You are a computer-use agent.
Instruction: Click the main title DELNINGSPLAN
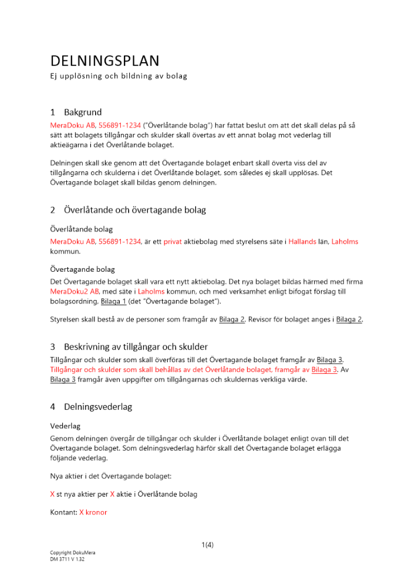tap(104, 61)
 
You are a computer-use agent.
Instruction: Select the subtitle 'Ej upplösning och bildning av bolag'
tap(118, 76)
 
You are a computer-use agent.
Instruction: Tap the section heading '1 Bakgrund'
tap(76, 112)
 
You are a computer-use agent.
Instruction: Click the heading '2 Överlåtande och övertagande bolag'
tap(127, 210)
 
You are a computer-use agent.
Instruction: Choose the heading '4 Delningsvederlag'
tap(90, 407)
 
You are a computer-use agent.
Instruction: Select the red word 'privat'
tap(173, 242)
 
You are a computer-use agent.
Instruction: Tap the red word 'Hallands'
tap(302, 242)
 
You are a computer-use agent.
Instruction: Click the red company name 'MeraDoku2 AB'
tap(75, 292)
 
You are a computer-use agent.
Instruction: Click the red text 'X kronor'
tap(93, 512)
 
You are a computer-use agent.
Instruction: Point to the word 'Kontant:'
tap(63, 512)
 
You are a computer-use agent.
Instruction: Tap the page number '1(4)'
tap(207, 545)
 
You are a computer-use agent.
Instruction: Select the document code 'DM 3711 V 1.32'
tap(68, 559)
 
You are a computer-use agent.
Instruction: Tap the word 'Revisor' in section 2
tap(262, 320)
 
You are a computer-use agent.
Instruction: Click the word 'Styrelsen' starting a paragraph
tap(66, 320)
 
